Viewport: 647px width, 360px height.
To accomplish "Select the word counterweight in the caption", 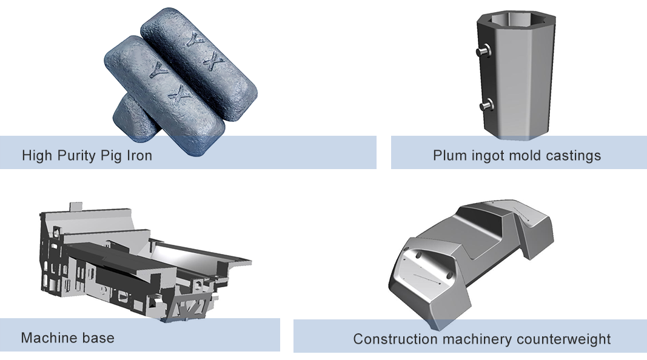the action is [x=563, y=339].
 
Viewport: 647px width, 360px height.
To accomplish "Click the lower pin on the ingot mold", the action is [x=486, y=105].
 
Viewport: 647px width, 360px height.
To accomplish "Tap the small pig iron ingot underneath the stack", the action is [x=134, y=116].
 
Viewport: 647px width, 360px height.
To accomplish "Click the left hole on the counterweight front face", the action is [x=418, y=255].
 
